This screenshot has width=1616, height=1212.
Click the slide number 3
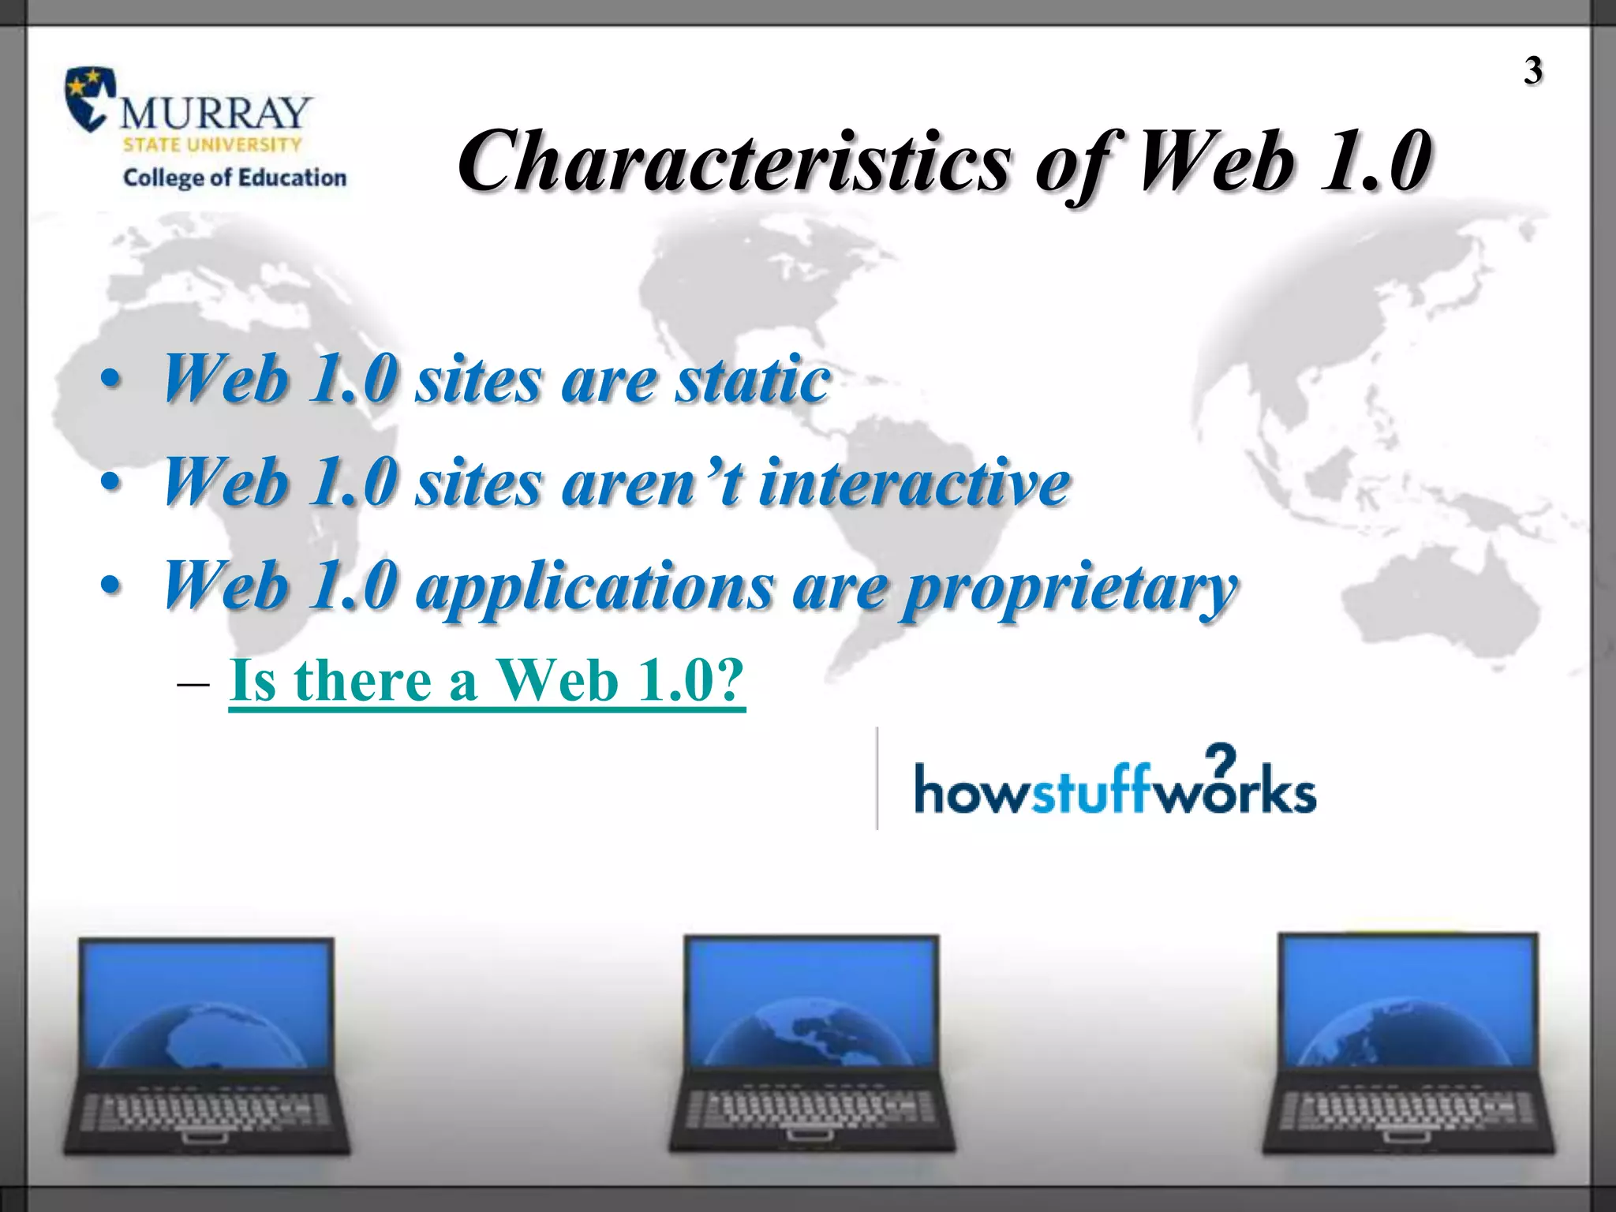coord(1532,71)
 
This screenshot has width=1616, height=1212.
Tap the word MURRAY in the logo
coord(215,113)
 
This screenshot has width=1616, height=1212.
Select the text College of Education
coord(234,178)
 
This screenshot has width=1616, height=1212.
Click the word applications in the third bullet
coord(595,588)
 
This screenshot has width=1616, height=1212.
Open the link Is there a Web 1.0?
coord(486,680)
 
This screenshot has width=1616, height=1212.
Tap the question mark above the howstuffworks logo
coord(1221,759)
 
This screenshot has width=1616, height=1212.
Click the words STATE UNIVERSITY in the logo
coord(211,145)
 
